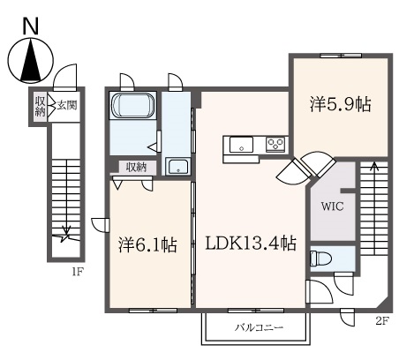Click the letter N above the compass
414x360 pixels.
pyautogui.click(x=31, y=27)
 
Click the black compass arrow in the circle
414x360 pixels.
pyautogui.click(x=31, y=60)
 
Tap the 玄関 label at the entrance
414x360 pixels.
pyautogui.click(x=67, y=105)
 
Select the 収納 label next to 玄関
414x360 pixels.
pyautogui.click(x=41, y=106)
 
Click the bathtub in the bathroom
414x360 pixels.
pyautogui.click(x=132, y=105)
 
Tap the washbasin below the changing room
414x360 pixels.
pyautogui.click(x=178, y=167)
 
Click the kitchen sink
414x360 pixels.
pyautogui.click(x=241, y=145)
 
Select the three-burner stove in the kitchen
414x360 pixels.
pyautogui.click(x=275, y=145)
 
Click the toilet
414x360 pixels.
pyautogui.click(x=320, y=259)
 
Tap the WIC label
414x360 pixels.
pyautogui.click(x=332, y=206)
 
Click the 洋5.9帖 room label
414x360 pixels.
pyautogui.click(x=340, y=104)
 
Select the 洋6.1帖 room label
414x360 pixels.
pyautogui.click(x=147, y=244)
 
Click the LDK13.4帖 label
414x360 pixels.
pyautogui.click(x=251, y=244)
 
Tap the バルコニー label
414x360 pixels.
pyautogui.click(x=259, y=327)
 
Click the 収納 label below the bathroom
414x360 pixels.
pyautogui.click(x=136, y=167)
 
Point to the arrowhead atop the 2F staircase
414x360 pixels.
pyautogui.click(x=374, y=166)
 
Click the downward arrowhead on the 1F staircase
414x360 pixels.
pyautogui.click(x=67, y=229)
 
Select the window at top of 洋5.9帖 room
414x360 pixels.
pyautogui.click(x=341, y=56)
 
